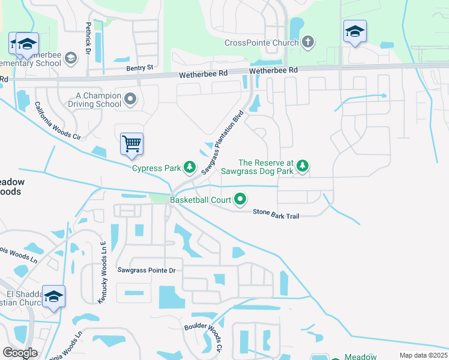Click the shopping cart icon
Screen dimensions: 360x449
click(x=131, y=144)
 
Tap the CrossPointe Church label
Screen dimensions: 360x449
click(x=261, y=43)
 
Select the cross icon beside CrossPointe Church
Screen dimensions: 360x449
click(x=308, y=42)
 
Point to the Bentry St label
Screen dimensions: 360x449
click(x=140, y=68)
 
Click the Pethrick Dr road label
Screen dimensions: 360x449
click(x=88, y=38)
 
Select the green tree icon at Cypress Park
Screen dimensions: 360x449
click(x=190, y=167)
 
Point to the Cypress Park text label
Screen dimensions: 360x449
click(x=157, y=168)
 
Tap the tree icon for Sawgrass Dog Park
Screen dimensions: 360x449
click(x=303, y=166)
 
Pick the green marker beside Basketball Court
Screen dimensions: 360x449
click(x=241, y=198)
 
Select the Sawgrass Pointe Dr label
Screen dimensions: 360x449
click(x=146, y=271)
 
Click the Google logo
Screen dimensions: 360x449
click(x=20, y=353)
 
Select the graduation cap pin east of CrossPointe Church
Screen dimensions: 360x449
click(x=355, y=32)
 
